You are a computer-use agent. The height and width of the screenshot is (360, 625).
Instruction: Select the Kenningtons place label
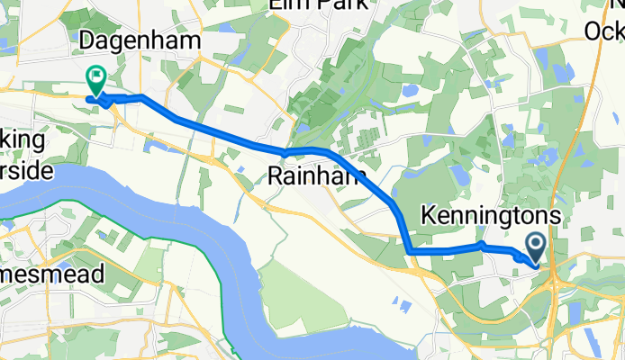click(494, 216)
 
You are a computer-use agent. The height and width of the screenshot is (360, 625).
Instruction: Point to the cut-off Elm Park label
click(319, 5)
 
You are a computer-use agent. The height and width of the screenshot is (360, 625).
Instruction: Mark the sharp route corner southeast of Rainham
click(409, 251)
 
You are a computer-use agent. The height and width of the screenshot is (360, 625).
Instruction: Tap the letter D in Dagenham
click(88, 40)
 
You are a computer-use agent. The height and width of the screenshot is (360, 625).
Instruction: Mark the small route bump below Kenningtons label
click(482, 244)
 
